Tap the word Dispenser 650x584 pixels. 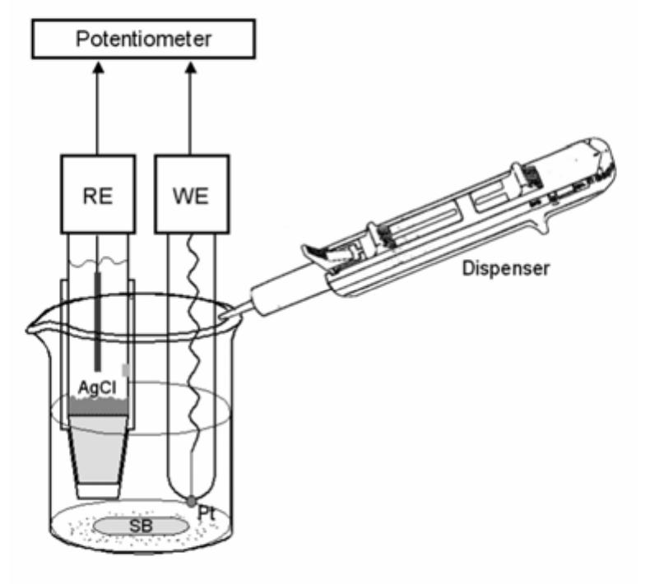click(x=510, y=269)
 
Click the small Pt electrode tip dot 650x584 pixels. click(x=191, y=500)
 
